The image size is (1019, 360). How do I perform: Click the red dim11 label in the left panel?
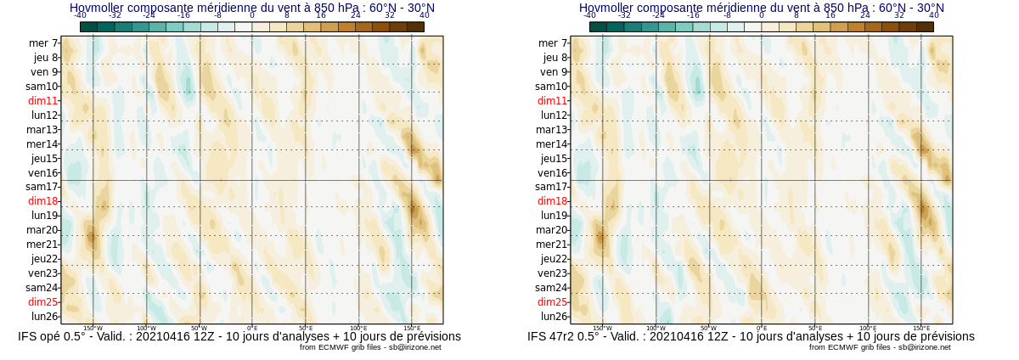[42, 100]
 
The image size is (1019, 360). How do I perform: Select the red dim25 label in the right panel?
[552, 302]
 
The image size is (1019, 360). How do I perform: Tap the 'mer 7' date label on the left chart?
[43, 43]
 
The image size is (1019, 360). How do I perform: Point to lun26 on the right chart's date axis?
[554, 317]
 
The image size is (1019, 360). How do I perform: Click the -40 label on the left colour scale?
[80, 15]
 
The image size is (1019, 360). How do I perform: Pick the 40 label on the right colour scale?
[934, 15]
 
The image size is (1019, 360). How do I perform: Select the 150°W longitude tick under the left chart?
[93, 328]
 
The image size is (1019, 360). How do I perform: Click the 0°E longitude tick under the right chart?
[762, 328]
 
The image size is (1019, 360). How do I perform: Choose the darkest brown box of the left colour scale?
[415, 26]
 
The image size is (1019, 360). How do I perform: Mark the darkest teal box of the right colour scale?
[598, 26]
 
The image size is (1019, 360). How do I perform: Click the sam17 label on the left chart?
[42, 187]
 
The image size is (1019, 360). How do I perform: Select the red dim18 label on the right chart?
[552, 201]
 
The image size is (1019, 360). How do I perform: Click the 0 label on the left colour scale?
[252, 15]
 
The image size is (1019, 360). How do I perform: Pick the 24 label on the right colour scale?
[865, 15]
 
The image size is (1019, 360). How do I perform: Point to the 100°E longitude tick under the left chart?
[358, 328]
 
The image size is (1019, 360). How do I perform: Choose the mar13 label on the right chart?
[552, 130]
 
